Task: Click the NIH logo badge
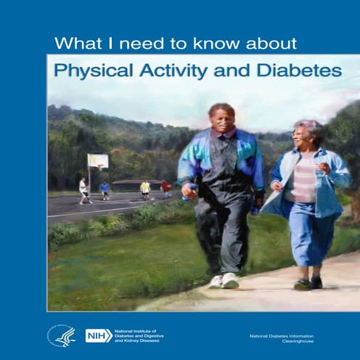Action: pos(99,335)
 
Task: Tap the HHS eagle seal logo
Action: pos(61,335)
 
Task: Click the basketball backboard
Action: pos(98,161)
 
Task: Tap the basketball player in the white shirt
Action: pos(83,189)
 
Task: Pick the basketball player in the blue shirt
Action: pos(105,189)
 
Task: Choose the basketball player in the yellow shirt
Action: pos(146,189)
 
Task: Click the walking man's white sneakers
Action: pos(222,280)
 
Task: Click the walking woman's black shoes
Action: pos(308,284)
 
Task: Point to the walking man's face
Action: pos(219,118)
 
